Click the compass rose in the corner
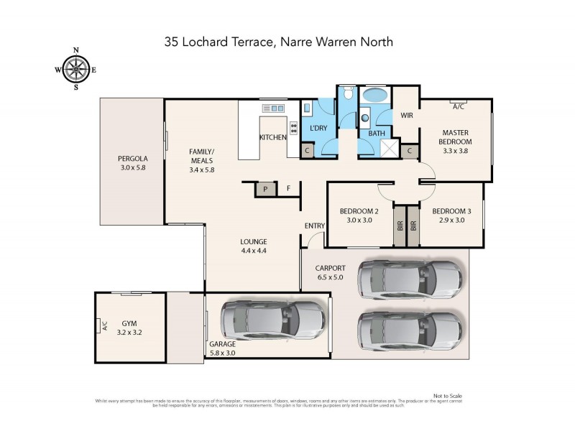[x=76, y=69]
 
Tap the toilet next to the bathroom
[x=347, y=93]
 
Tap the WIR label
[x=406, y=115]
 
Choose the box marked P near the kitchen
[x=265, y=189]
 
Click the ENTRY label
[x=314, y=226]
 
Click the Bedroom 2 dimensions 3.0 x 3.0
[x=359, y=221]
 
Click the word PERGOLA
[x=133, y=159]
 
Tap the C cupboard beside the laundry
[x=307, y=151]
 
